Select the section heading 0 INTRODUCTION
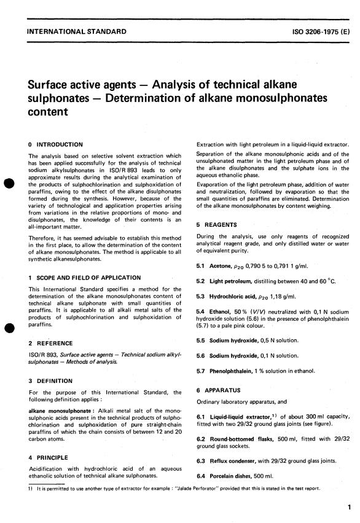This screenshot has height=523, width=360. click(57, 144)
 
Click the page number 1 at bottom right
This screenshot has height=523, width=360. click(348, 507)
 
